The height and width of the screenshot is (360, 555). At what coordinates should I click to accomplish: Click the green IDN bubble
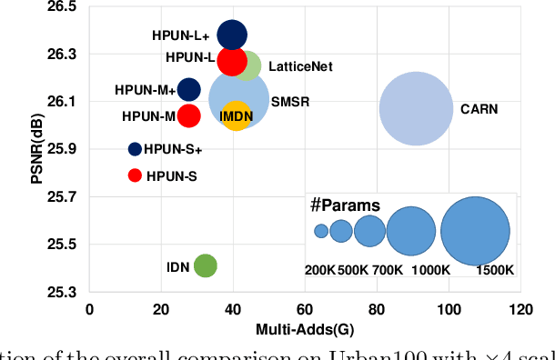[x=206, y=265]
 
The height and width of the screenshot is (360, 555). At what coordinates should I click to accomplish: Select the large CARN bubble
[x=416, y=108]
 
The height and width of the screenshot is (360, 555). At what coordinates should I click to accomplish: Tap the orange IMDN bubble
[x=235, y=115]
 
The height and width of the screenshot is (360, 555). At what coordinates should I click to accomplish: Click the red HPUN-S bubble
[x=135, y=175]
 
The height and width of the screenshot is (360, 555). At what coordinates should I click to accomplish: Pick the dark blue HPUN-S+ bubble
[x=135, y=149]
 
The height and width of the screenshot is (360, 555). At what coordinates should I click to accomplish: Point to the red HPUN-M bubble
[x=188, y=115]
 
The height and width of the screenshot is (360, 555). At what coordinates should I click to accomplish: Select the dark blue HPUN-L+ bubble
[x=232, y=35]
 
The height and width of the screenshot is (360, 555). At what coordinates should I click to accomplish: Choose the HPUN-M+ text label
[x=146, y=90]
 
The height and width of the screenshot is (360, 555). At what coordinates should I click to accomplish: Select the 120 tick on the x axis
[x=520, y=310]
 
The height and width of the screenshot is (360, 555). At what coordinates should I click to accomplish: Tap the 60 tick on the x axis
[x=305, y=310]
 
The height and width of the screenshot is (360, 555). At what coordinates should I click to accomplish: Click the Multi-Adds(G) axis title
[x=304, y=327]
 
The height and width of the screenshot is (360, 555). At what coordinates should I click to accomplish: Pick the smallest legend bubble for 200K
[x=321, y=231]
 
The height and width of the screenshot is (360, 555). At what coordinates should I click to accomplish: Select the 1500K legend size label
[x=496, y=270]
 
